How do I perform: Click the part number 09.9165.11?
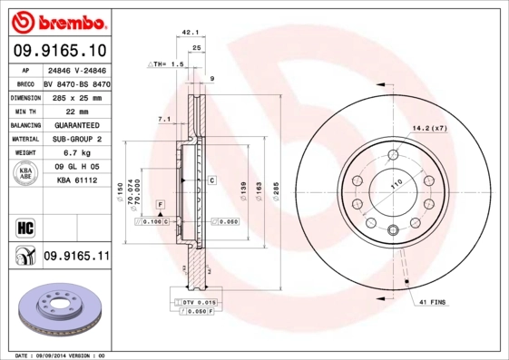76,258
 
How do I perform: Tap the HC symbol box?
24,226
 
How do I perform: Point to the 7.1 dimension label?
164,119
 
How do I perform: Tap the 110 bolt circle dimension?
396,184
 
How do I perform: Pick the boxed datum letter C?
211,180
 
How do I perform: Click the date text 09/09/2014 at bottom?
61,355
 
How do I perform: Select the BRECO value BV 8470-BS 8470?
76,82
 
